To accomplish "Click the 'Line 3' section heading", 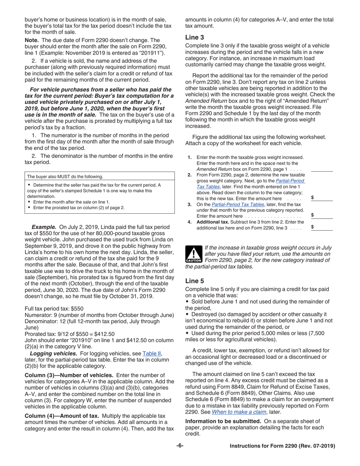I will pyautogui.click(x=194, y=37).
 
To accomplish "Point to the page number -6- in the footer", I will pyautogui.click(x=180, y=446).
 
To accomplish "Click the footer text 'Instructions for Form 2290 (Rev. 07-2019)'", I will pyautogui.click(x=282, y=446).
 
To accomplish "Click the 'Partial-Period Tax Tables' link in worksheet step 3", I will pyautogui.click(x=237, y=204).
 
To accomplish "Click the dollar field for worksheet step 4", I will pyautogui.click(x=321, y=227).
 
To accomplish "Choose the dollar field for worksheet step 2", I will pyautogui.click(x=321, y=198).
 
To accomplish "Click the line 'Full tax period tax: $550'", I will pyautogui.click(x=54, y=308).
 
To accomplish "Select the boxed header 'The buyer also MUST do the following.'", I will pyautogui.click(x=65, y=177).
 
